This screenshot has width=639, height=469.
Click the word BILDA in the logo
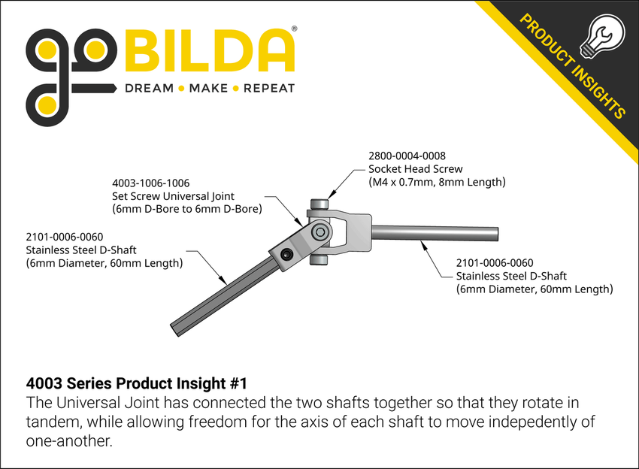point(210,51)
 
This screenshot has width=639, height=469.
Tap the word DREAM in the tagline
point(148,88)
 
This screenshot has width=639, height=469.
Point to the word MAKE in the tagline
point(208,88)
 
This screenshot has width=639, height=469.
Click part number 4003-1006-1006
point(150,183)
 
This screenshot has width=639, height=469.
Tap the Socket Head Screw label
point(415,169)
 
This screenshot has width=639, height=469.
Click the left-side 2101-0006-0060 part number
point(65,237)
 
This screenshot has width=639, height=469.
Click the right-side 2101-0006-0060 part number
point(495,262)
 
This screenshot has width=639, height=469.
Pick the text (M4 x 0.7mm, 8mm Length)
point(437,183)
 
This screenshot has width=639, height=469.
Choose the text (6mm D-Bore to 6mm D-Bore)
point(186,210)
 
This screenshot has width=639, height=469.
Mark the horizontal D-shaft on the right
point(436,233)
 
